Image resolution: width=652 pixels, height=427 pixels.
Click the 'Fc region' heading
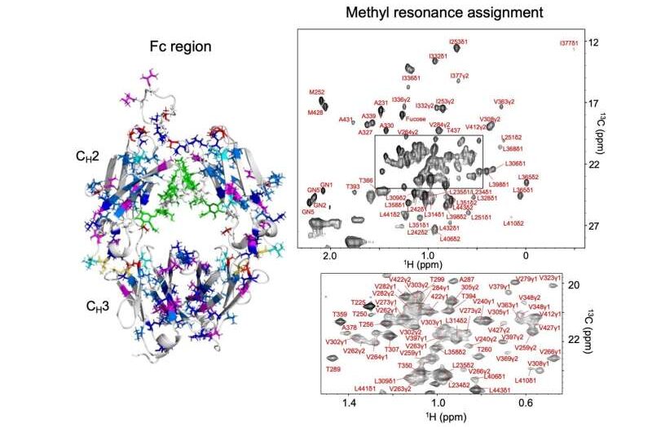pos(181,46)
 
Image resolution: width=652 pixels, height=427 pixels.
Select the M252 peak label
pos(317,92)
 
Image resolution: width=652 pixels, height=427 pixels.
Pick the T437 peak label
pos(454,130)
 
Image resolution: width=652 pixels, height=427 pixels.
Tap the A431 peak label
pos(346,120)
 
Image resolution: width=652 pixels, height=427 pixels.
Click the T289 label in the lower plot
pos(333,370)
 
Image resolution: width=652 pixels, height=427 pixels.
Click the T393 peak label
pos(353,187)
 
